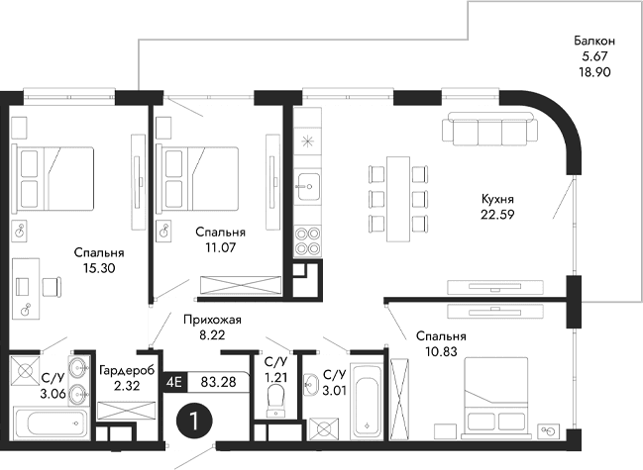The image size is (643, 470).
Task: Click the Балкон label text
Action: [594, 41]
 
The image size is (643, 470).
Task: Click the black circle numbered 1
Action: [195, 420]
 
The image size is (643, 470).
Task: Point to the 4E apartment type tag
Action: [175, 380]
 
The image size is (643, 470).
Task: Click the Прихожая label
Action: [212, 320]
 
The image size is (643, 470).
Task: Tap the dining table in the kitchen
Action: [398, 198]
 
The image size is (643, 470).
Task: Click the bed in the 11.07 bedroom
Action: [200, 176]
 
